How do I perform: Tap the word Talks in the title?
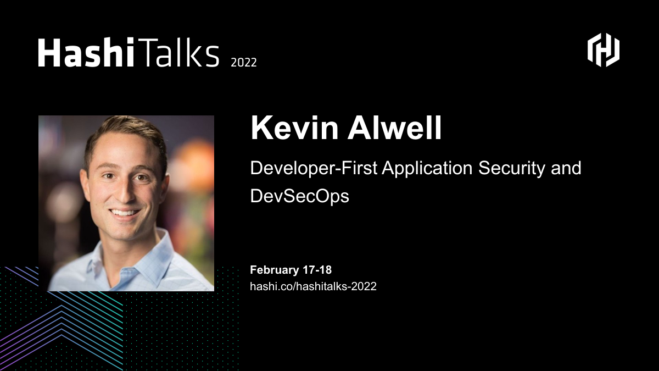pyautogui.click(x=176, y=53)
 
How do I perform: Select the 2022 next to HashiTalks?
pyautogui.click(x=243, y=62)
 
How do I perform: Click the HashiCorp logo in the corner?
pyautogui.click(x=604, y=51)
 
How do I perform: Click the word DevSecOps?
pyautogui.click(x=299, y=196)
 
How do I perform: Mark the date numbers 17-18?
pyautogui.click(x=317, y=270)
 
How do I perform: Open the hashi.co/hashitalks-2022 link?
pyautogui.click(x=313, y=286)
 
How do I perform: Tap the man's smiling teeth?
pyautogui.click(x=126, y=212)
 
